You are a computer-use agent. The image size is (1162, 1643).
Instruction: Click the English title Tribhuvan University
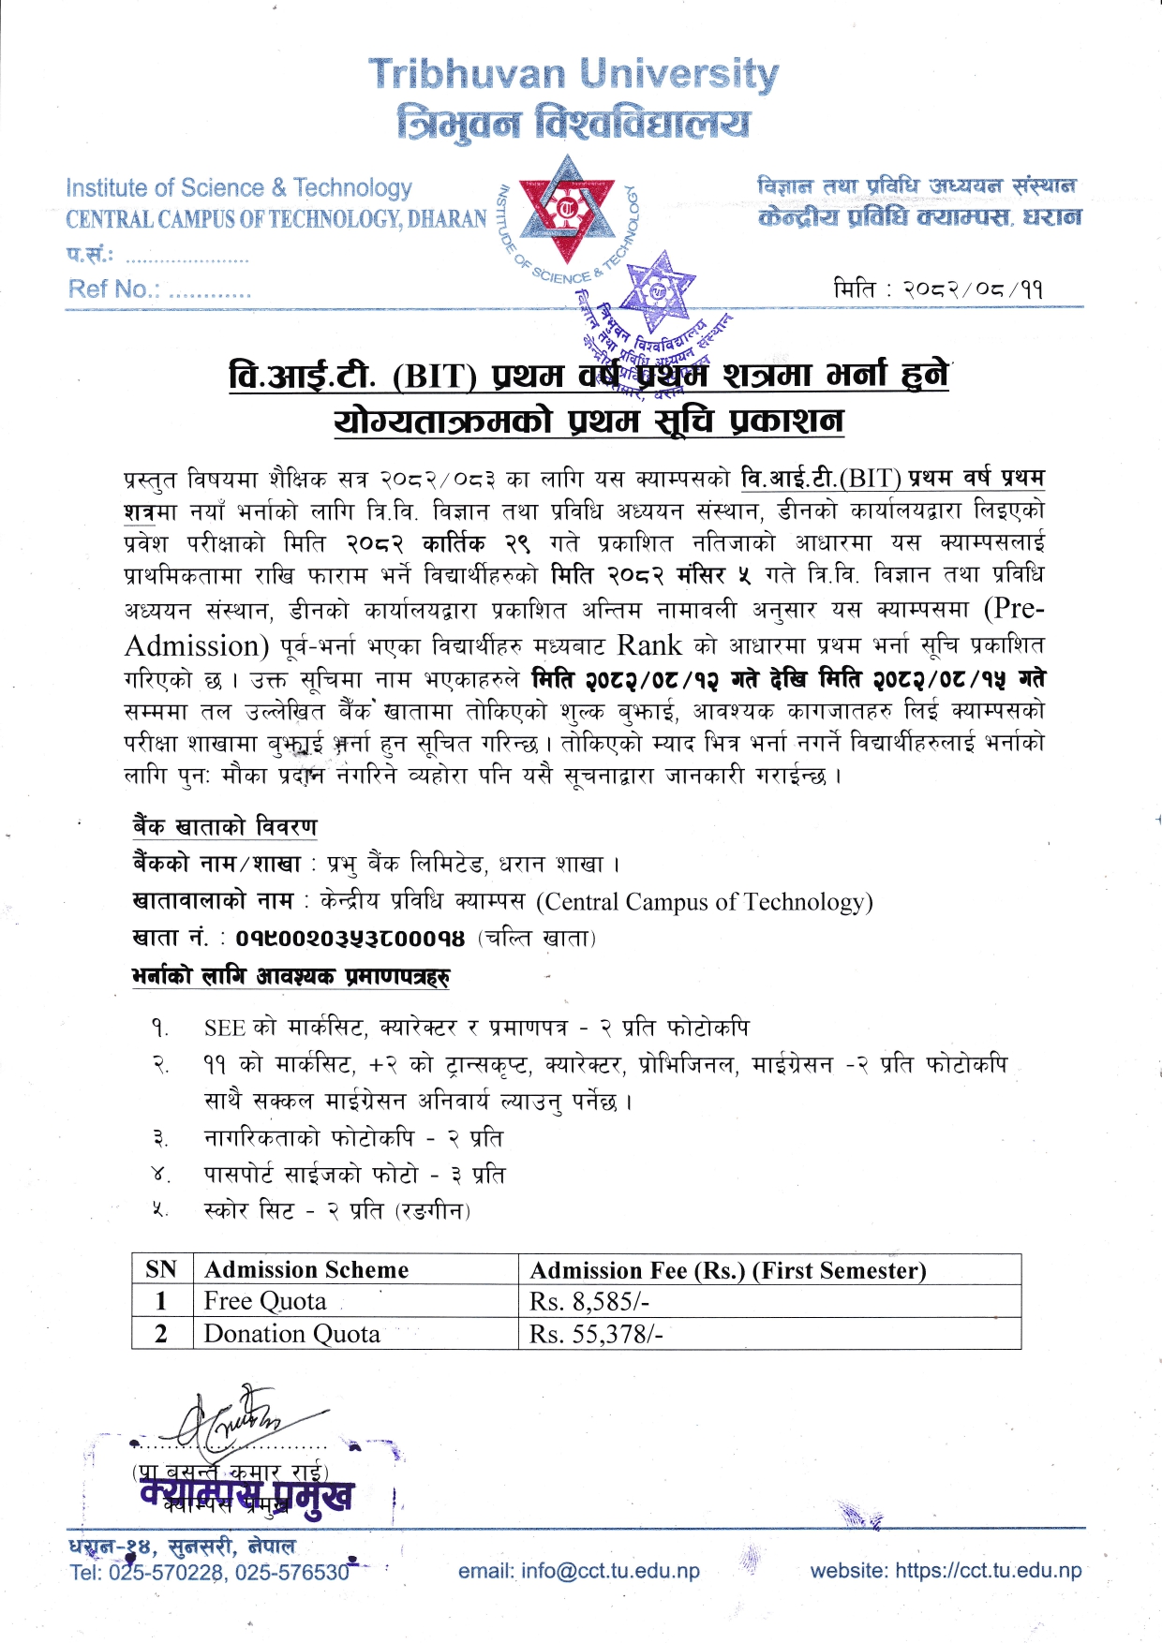573,74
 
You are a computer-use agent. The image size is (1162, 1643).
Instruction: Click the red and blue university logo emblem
567,212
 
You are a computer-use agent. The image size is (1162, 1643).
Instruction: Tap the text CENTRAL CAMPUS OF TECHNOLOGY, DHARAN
276,219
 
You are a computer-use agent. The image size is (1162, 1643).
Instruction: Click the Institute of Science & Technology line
239,188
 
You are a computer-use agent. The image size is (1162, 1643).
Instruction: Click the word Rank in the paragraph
648,645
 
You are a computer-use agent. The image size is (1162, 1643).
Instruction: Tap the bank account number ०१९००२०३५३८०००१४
350,938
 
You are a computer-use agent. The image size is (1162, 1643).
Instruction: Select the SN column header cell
161,1269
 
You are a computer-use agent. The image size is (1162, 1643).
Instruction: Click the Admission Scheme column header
306,1269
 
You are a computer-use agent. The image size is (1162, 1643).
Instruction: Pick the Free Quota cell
265,1301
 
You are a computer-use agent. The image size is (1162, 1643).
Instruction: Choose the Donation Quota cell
291,1334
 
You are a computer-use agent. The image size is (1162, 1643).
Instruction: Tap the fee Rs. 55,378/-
596,1334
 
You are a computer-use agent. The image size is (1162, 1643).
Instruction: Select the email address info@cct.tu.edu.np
579,1571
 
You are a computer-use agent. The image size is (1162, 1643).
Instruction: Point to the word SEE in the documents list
225,1029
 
